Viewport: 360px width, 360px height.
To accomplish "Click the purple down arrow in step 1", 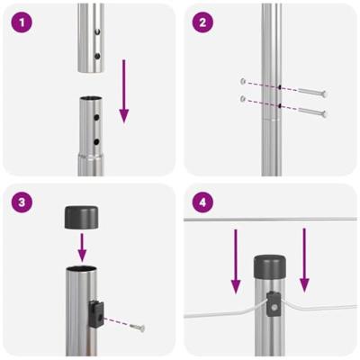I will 124,90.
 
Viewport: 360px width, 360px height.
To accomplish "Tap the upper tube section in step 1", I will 90,36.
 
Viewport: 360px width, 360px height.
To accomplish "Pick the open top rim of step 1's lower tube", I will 91,101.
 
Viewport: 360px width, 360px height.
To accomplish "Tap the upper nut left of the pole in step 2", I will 243,81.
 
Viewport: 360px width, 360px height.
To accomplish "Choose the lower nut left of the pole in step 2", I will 243,98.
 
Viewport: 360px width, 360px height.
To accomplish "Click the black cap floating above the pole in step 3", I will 80,216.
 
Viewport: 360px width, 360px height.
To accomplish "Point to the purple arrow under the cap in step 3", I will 80,245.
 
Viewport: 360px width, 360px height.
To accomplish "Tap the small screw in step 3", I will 136,328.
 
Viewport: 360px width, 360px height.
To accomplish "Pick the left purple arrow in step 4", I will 236,261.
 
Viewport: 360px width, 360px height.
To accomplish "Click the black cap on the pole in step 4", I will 269,266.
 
